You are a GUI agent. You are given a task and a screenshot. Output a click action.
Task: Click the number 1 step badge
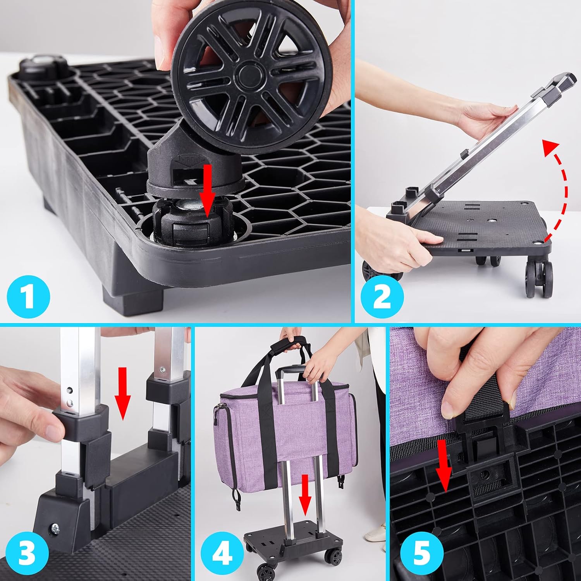pyautogui.click(x=28, y=296)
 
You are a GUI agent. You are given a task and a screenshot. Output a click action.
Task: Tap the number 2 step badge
pyautogui.click(x=382, y=296)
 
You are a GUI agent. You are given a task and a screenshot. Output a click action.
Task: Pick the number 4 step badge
pyautogui.click(x=222, y=554)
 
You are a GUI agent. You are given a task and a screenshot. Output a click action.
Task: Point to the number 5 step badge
pyautogui.click(x=421, y=554)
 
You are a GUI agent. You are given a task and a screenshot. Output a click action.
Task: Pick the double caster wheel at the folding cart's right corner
pyautogui.click(x=538, y=278)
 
